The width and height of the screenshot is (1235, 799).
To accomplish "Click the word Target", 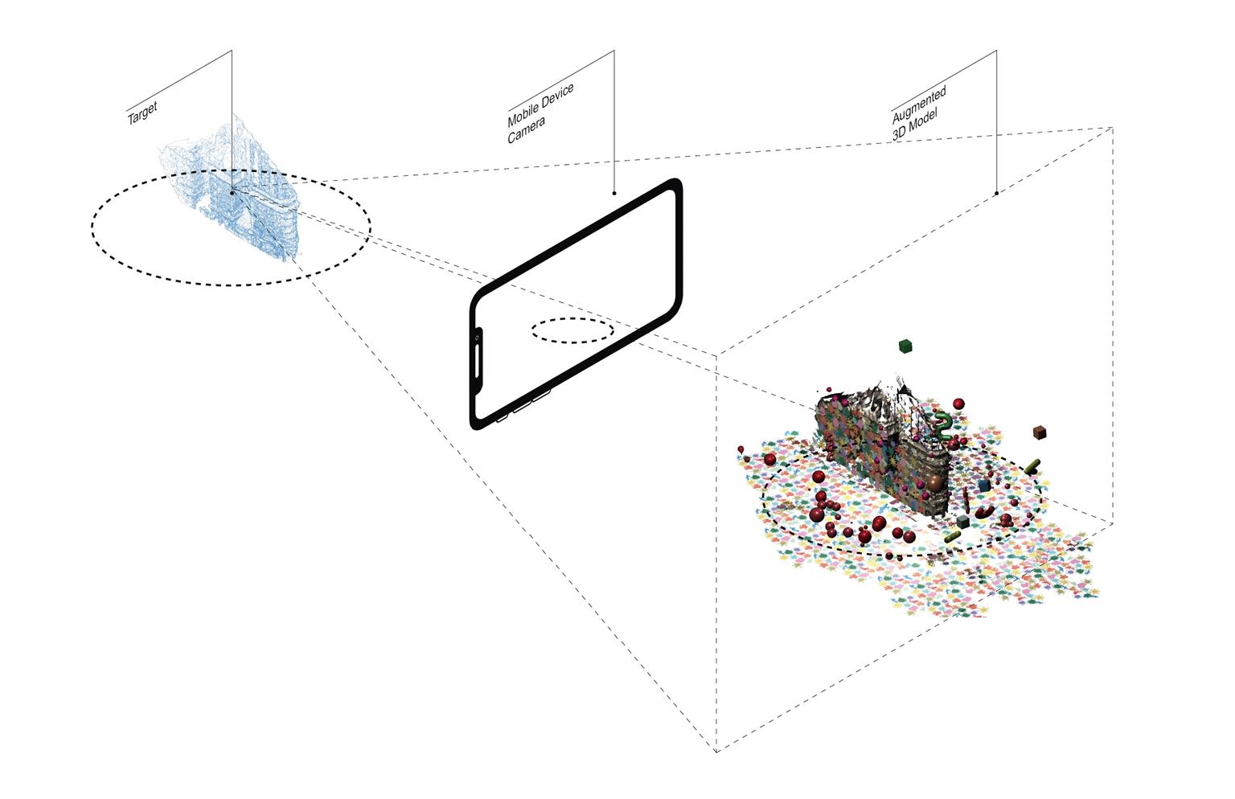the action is pyautogui.click(x=142, y=113).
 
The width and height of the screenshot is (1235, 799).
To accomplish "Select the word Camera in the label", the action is pyautogui.click(x=527, y=130).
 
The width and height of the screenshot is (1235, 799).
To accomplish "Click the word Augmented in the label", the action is pyautogui.click(x=919, y=101).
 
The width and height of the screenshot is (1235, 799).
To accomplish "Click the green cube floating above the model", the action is pyautogui.click(x=906, y=346).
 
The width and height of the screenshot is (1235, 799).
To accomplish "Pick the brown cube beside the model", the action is pyautogui.click(x=1039, y=432).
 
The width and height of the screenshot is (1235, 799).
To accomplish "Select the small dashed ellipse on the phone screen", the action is pyautogui.click(x=572, y=330).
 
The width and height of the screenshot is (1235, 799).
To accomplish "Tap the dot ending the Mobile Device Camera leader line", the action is pyautogui.click(x=614, y=193).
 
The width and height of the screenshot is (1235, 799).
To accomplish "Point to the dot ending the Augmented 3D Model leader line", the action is pyautogui.click(x=997, y=193).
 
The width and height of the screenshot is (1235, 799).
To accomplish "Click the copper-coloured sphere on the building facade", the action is pyautogui.click(x=934, y=483).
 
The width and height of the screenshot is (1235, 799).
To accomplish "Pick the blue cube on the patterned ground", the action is pyautogui.click(x=985, y=486).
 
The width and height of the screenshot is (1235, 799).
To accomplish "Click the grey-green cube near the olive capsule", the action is pyautogui.click(x=962, y=522).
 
